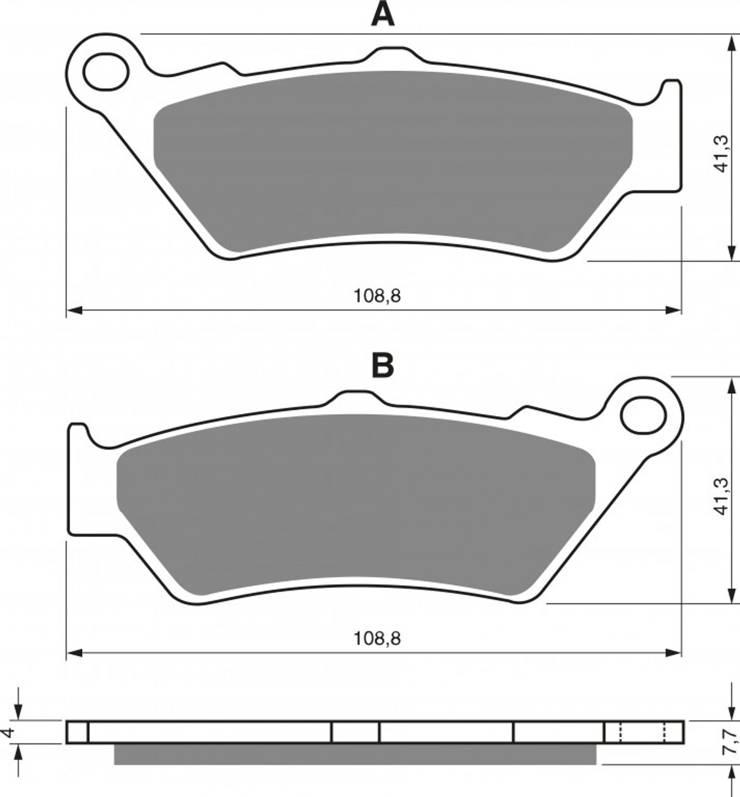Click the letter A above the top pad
[x=383, y=15]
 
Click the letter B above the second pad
[x=383, y=366]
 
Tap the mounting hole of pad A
[x=106, y=73]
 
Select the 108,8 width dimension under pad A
[x=377, y=296]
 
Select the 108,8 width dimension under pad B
[x=377, y=638]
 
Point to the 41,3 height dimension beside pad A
[x=722, y=153]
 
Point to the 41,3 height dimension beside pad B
[x=722, y=496]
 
